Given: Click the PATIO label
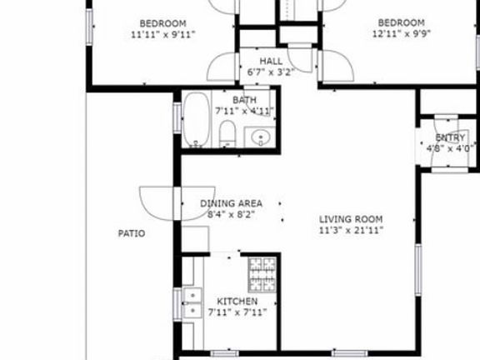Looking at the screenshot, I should coord(131,233).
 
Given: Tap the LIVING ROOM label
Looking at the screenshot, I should coord(351,220).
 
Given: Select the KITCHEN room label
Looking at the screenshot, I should coord(237,301).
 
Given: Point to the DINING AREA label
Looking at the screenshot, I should coord(232,203).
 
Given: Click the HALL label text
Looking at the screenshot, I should coord(271,62).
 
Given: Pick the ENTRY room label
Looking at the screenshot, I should coord(451,137).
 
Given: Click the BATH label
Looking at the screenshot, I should coord(245,100).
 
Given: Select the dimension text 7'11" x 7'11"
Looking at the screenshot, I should coord(237,312).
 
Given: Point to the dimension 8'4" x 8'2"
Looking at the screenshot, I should coord(231,214).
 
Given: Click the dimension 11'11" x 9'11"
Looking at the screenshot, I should coord(162,35).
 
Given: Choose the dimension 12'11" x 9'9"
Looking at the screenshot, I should coord(401,35).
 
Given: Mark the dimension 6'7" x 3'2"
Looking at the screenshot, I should coord(271,72).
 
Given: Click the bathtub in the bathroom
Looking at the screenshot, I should coord(197,120).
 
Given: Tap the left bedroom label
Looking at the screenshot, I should coord(162,23).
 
